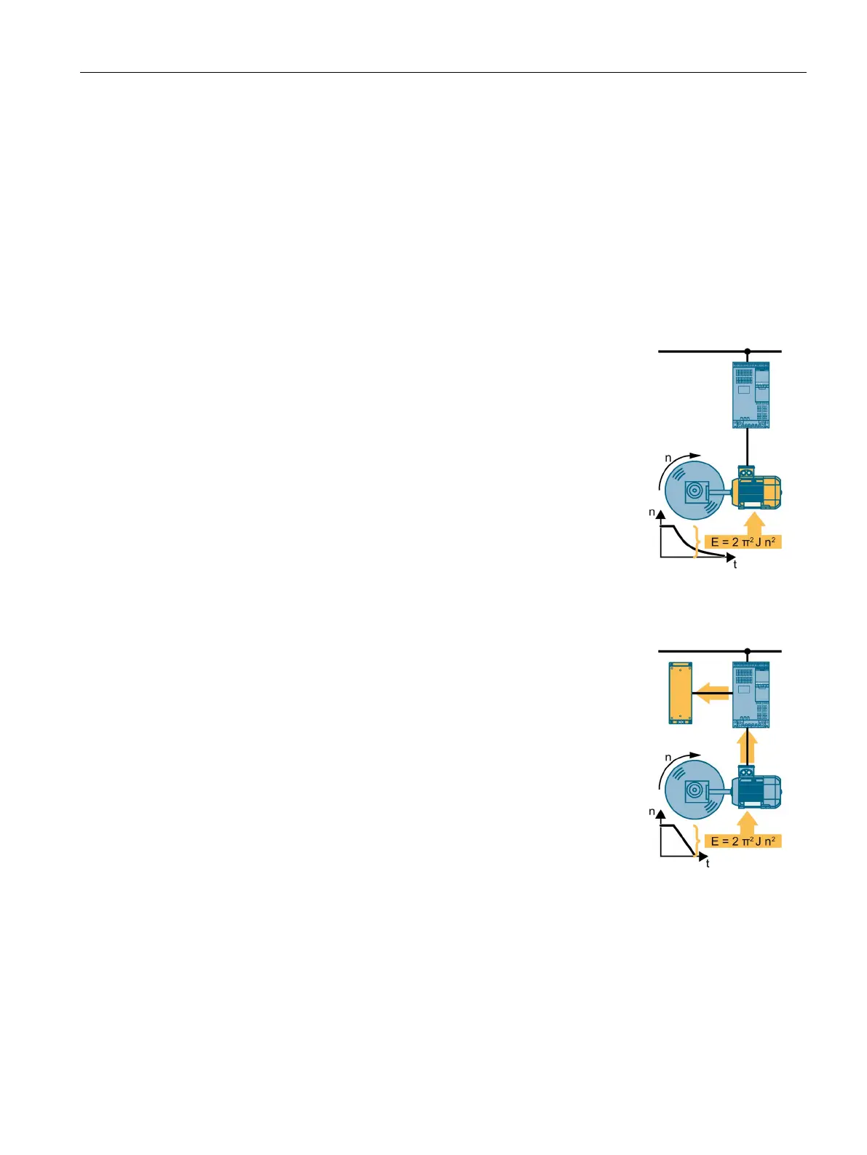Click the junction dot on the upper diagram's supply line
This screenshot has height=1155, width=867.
click(747, 352)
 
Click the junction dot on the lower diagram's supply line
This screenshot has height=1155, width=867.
click(747, 651)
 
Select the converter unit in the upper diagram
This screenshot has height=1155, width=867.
click(751, 395)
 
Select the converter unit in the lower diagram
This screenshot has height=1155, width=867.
click(751, 695)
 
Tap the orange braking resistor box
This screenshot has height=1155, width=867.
click(171, 693)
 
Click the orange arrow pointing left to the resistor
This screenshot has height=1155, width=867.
click(713, 694)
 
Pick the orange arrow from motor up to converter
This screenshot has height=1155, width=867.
click(747, 747)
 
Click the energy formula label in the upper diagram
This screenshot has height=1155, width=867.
click(743, 541)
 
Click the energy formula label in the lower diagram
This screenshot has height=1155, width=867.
click(743, 841)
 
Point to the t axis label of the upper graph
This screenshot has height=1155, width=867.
click(735, 565)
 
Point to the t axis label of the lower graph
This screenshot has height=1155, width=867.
click(707, 864)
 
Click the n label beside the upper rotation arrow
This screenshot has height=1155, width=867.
click(668, 459)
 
